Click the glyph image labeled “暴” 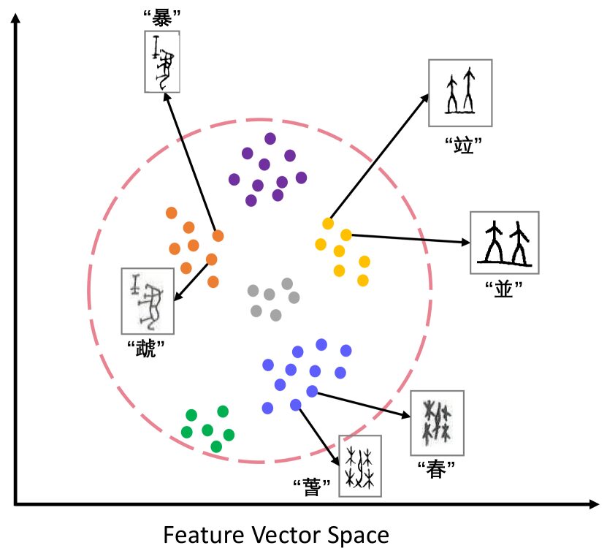(161, 61)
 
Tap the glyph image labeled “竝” (459, 92)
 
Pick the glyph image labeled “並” (504, 244)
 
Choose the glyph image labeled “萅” (360, 465)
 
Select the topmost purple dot (270, 138)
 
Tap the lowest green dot (216, 446)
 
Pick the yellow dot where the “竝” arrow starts (328, 223)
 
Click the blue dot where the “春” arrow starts (312, 391)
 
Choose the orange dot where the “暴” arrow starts (218, 235)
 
